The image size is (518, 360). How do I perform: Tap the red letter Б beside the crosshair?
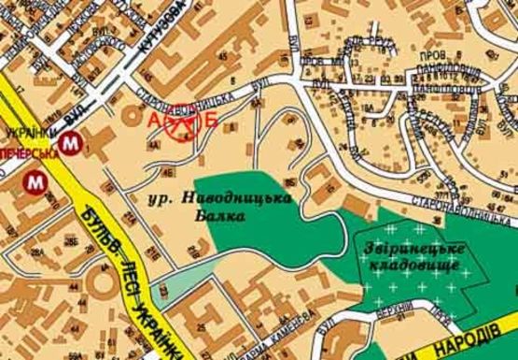coord(211,119)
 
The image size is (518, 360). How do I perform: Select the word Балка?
coord(227,215)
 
